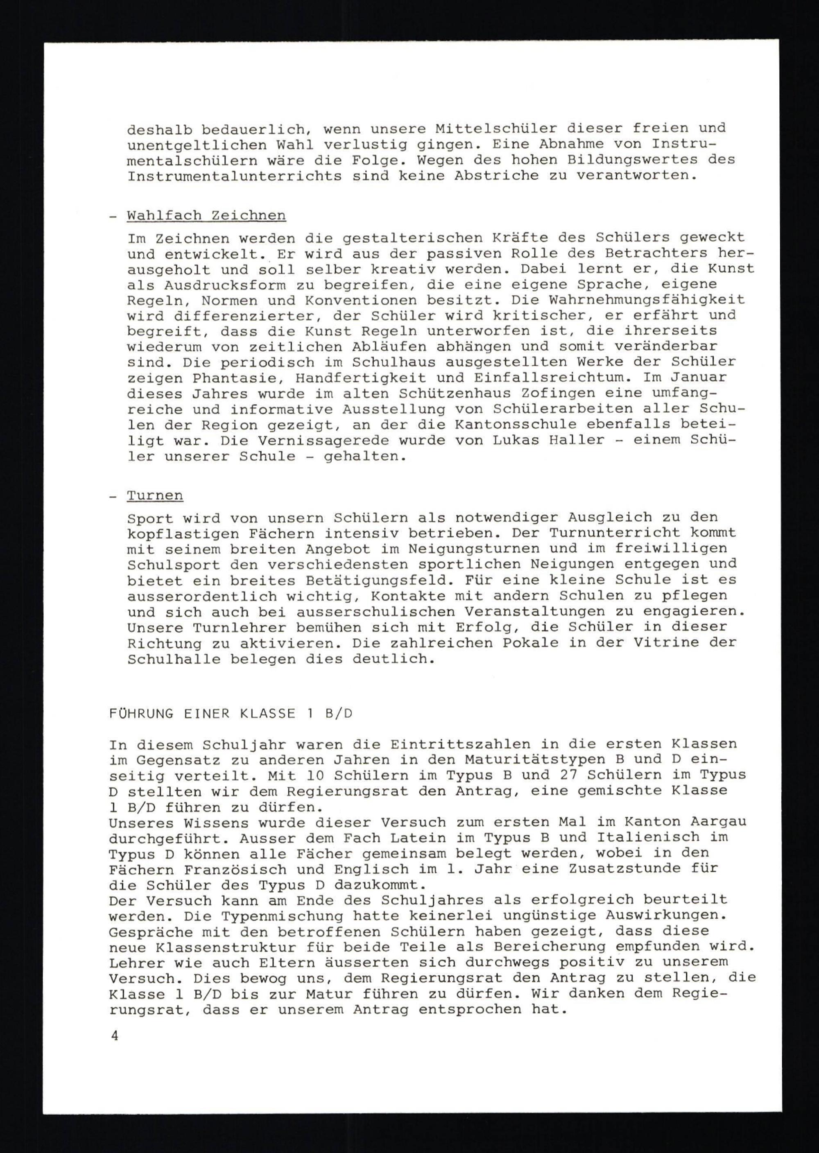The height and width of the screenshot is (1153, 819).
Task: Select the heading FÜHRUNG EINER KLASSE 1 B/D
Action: pyautogui.click(x=231, y=714)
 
